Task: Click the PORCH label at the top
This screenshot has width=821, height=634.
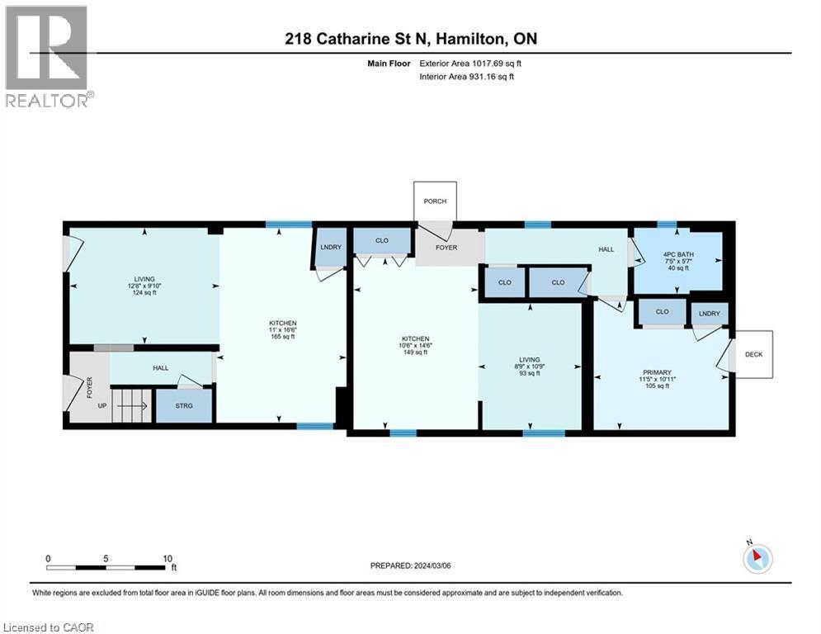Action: click(x=435, y=201)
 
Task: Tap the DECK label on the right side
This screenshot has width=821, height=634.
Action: click(x=753, y=355)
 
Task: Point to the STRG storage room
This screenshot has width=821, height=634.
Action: click(x=184, y=405)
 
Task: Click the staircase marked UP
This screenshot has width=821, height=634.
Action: click(x=131, y=405)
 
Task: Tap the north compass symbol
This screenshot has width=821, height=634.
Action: click(x=757, y=558)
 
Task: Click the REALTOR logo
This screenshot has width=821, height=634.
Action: click(x=47, y=56)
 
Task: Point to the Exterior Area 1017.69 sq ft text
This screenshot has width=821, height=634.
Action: click(x=470, y=64)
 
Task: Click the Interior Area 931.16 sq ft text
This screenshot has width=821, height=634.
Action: click(x=466, y=77)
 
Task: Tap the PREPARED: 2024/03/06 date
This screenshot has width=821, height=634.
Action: click(x=411, y=565)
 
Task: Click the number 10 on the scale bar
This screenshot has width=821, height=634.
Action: click(x=168, y=559)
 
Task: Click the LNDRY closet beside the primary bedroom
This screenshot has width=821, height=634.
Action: click(x=710, y=314)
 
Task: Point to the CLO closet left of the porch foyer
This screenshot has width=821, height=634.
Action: click(x=382, y=240)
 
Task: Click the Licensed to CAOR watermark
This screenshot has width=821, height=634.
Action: click(x=48, y=627)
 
